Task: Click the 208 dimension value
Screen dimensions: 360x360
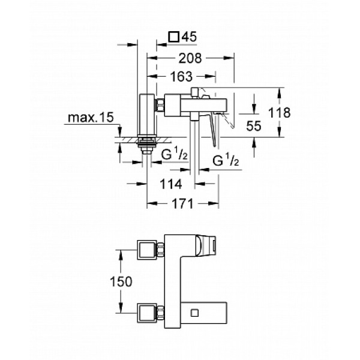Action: (x=189, y=58)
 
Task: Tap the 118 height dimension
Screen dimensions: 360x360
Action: (x=280, y=112)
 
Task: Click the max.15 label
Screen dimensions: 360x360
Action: (x=91, y=118)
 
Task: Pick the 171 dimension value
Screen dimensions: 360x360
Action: (x=178, y=203)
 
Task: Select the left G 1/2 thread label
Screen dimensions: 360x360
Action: (x=174, y=154)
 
